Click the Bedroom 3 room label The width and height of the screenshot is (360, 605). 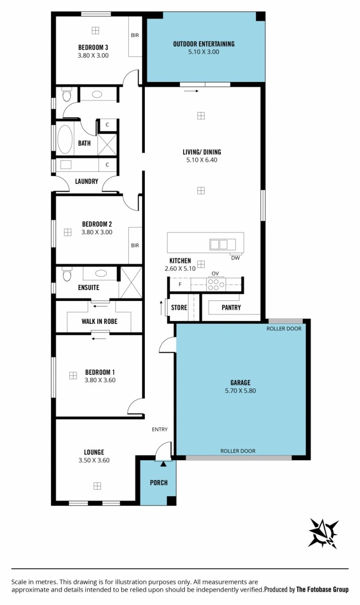(x=93, y=48)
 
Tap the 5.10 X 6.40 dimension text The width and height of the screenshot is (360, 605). (x=202, y=160)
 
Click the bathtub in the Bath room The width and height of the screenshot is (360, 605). (x=65, y=139)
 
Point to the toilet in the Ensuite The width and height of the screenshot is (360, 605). (x=67, y=274)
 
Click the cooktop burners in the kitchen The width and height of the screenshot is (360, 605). (x=216, y=284)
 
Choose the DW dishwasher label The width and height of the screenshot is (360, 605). (x=235, y=258)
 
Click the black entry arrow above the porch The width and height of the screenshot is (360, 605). (x=163, y=464)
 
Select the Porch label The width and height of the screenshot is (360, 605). (x=159, y=483)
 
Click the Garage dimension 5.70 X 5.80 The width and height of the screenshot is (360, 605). (x=240, y=390)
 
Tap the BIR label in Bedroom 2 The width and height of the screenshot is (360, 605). (x=135, y=245)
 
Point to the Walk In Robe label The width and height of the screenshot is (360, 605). (x=99, y=322)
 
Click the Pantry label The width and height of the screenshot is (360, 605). (x=231, y=308)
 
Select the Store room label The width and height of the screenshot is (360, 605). (x=179, y=308)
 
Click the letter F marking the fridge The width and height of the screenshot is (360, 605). (x=180, y=284)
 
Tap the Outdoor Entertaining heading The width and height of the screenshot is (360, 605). (x=204, y=44)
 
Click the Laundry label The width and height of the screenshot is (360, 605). (x=86, y=181)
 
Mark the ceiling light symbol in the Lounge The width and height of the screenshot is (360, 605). (x=97, y=486)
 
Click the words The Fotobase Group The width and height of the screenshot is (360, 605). (x=322, y=589)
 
